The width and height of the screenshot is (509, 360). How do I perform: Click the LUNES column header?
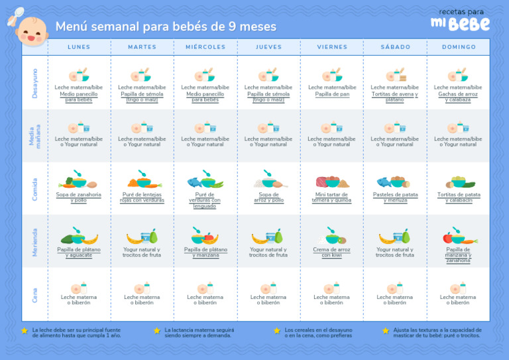(x=79, y=47)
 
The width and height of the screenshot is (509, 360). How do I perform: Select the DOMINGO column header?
(x=459, y=47)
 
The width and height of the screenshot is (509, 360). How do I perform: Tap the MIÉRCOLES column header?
(x=205, y=47)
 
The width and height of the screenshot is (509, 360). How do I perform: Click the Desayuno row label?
(x=35, y=83)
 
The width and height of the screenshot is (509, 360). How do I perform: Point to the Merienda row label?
(x=35, y=242)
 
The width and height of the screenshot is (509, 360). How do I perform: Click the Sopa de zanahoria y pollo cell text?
(x=79, y=197)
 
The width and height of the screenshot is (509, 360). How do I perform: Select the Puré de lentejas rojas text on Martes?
(x=142, y=197)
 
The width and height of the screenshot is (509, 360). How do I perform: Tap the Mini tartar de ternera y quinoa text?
(x=332, y=197)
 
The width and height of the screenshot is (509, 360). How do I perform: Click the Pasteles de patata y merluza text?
(x=395, y=197)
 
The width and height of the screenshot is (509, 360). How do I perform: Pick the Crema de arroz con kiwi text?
(x=332, y=252)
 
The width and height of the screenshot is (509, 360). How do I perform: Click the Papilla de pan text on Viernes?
(x=332, y=94)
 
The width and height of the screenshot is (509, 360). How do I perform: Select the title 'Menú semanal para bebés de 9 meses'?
(x=166, y=27)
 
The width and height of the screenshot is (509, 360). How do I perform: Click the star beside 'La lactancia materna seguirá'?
(x=157, y=330)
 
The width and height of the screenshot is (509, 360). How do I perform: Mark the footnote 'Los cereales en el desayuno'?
(x=318, y=332)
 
